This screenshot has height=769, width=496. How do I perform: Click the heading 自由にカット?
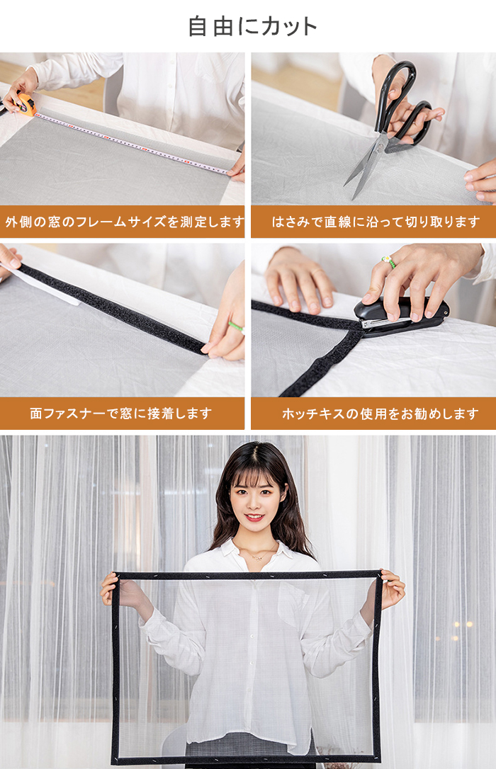pos(253,26)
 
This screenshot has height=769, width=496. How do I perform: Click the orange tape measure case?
pos(26,105)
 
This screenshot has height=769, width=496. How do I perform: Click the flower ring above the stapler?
pos(389,261)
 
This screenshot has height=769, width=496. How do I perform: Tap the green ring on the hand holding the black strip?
pos(237,326)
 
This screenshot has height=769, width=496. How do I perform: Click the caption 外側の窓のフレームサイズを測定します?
pos(124,222)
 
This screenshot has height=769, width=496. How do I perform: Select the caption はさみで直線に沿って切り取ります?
pos(376,222)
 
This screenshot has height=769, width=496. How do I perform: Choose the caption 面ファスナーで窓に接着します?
pos(120,414)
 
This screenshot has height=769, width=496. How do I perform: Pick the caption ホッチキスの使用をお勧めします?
pos(381,414)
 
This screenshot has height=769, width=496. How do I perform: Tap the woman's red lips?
pos(254,517)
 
